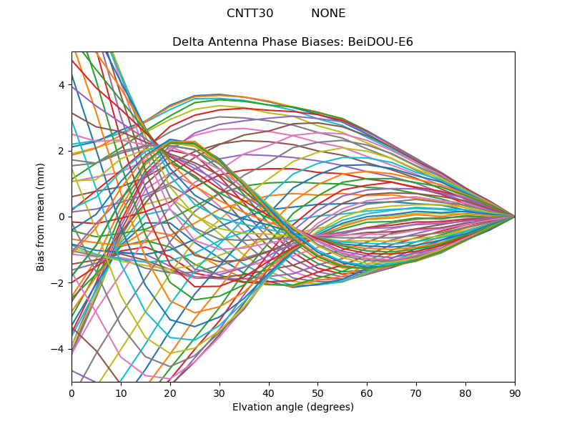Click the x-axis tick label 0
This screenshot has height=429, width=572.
tap(71, 393)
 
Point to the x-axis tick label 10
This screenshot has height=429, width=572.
tap(121, 393)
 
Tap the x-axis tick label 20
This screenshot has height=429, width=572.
tap(170, 393)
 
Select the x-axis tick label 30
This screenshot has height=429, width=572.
tap(220, 393)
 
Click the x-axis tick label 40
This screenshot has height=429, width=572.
tap(269, 393)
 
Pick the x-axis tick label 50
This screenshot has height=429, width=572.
tap(317, 393)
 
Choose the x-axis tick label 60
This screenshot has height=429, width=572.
tap(367, 393)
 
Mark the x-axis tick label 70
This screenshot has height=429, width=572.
tap(416, 393)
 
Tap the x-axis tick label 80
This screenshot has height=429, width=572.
tap(465, 393)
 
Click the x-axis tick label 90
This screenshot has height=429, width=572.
tap(515, 393)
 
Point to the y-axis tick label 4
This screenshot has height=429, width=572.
tap(61, 85)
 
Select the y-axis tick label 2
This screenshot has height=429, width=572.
tap(61, 151)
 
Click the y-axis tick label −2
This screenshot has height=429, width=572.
tap(59, 282)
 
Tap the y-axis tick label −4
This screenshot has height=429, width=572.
tap(59, 349)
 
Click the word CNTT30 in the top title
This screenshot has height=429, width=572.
tap(250, 14)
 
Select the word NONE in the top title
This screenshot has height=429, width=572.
tap(328, 14)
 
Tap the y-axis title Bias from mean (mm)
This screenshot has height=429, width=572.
tap(41, 216)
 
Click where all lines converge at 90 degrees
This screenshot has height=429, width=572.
tap(515, 217)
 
